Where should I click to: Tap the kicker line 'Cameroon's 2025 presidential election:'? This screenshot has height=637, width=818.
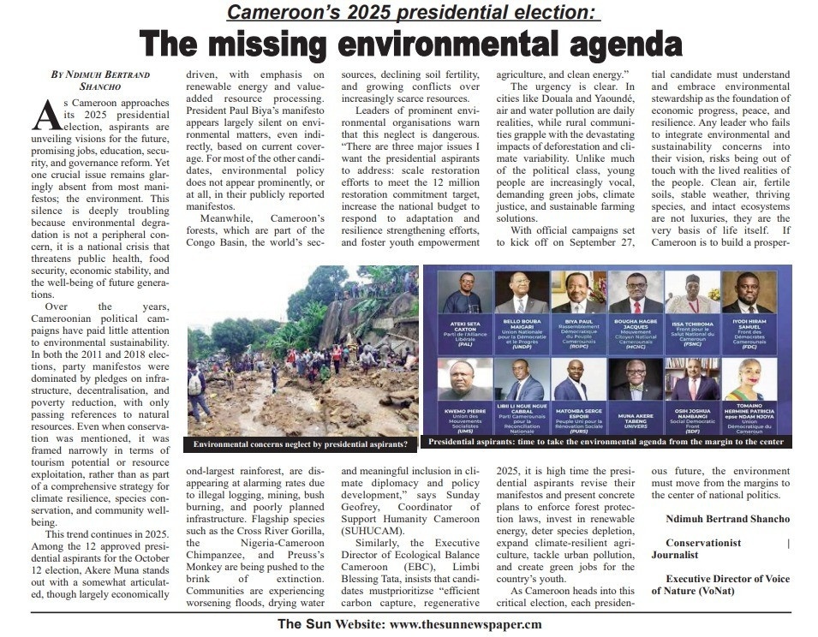pos(414,12)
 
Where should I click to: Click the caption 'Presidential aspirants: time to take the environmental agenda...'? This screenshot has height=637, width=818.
pos(606,443)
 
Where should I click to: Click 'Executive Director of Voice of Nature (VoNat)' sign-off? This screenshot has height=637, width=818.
pos(727,586)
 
